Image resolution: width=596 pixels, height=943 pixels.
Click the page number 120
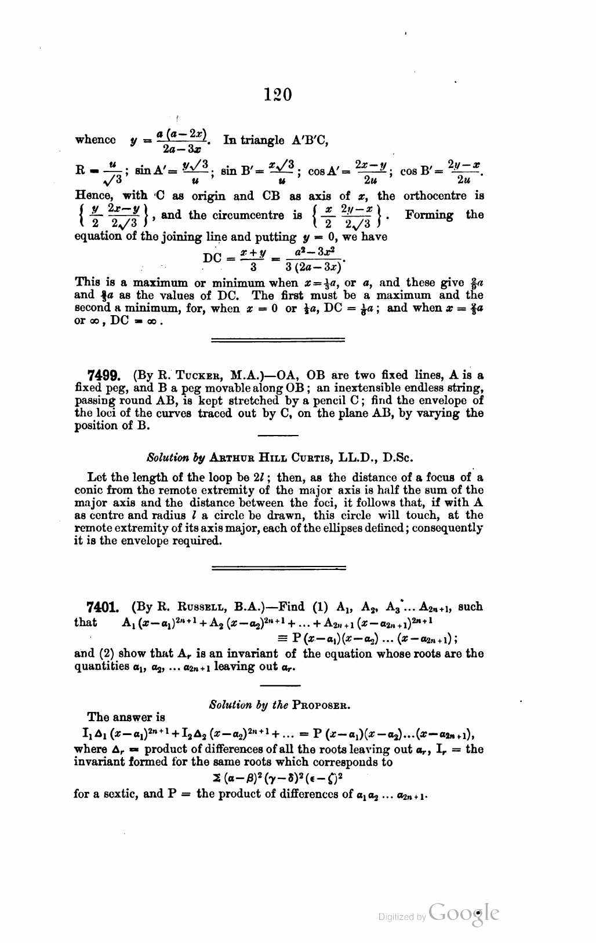tap(277, 94)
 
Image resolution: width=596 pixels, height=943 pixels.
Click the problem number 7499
tap(103, 375)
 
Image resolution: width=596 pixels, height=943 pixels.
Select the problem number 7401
tap(103, 608)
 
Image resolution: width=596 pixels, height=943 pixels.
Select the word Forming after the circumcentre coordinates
tap(429, 215)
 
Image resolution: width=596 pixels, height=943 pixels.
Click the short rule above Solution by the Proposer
tap(277, 685)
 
